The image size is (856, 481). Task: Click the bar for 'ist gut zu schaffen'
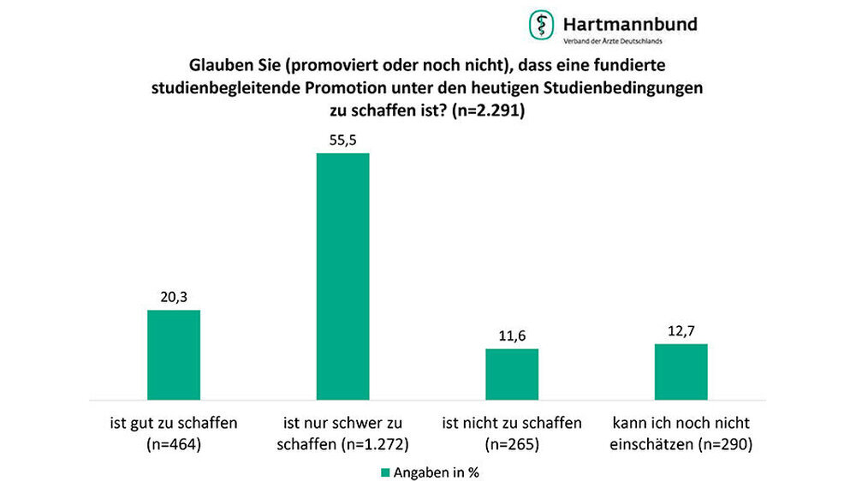click(174, 354)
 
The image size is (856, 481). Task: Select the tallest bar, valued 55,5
click(342, 276)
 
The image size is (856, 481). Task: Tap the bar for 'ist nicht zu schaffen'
click(512, 374)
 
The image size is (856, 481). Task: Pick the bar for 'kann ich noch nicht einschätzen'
click(681, 371)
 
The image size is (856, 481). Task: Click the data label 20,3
click(174, 297)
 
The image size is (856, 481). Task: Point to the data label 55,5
click(342, 140)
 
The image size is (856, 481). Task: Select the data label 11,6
click(512, 336)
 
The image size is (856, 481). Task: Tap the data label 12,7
click(681, 331)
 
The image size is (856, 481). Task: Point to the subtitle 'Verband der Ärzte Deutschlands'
click(611, 41)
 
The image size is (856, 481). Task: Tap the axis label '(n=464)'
click(174, 443)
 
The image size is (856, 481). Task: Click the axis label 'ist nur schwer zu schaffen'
click(342, 433)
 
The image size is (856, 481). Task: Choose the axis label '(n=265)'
click(512, 443)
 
